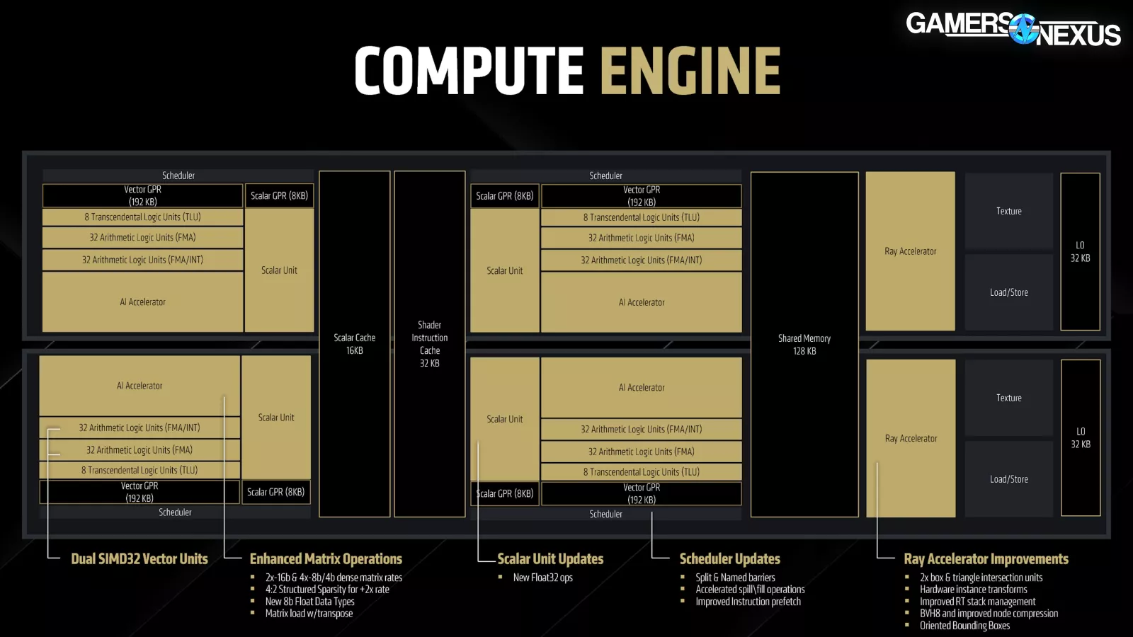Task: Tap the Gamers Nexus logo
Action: pyautogui.click(x=1013, y=29)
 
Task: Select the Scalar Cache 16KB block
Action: pyautogui.click(x=354, y=344)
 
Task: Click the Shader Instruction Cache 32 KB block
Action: pyautogui.click(x=429, y=344)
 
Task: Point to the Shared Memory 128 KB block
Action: pyautogui.click(x=804, y=345)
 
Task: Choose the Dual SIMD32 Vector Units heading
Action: pyautogui.click(x=140, y=559)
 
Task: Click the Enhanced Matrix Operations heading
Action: pyautogui.click(x=326, y=559)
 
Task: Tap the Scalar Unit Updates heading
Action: pyautogui.click(x=550, y=559)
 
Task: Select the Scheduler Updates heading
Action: pyautogui.click(x=729, y=559)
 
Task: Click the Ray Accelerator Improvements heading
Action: pyautogui.click(x=986, y=559)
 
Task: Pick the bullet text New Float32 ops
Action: pyautogui.click(x=542, y=578)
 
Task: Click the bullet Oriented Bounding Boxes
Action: pyautogui.click(x=964, y=626)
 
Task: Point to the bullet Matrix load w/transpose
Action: pyautogui.click(x=309, y=614)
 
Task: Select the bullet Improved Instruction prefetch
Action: pyautogui.click(x=748, y=602)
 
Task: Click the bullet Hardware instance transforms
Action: pyautogui.click(x=973, y=590)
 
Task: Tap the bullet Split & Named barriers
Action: pyautogui.click(x=735, y=578)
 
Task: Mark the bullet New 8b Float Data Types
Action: pyautogui.click(x=309, y=602)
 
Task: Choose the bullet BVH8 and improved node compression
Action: pyautogui.click(x=989, y=614)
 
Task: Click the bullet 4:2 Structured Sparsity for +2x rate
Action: pyautogui.click(x=327, y=590)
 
